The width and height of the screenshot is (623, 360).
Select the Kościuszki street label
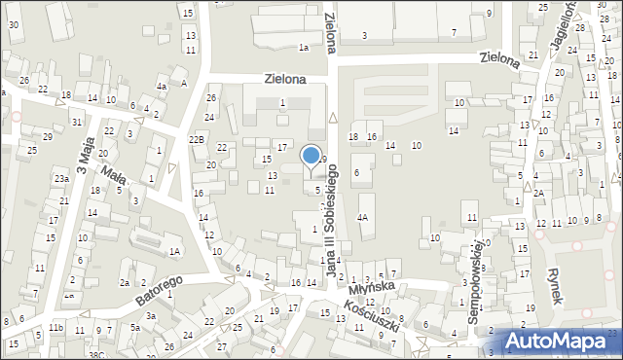tap(369, 316)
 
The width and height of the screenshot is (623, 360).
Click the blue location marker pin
tap(311, 157)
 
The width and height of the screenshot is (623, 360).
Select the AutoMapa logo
tap(556, 341)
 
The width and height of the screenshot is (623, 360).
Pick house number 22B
tap(197, 140)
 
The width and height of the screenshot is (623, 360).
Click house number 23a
tap(61, 178)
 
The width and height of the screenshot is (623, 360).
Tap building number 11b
tap(55, 329)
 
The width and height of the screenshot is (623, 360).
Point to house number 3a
tap(151, 316)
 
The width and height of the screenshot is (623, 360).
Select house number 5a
tap(135, 329)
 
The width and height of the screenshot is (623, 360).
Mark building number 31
tap(77, 122)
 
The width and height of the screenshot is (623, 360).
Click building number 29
tap(47, 136)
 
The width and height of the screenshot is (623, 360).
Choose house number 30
tap(14, 23)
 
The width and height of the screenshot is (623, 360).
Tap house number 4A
tap(362, 218)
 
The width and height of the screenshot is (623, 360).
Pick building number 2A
tap(538, 193)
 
